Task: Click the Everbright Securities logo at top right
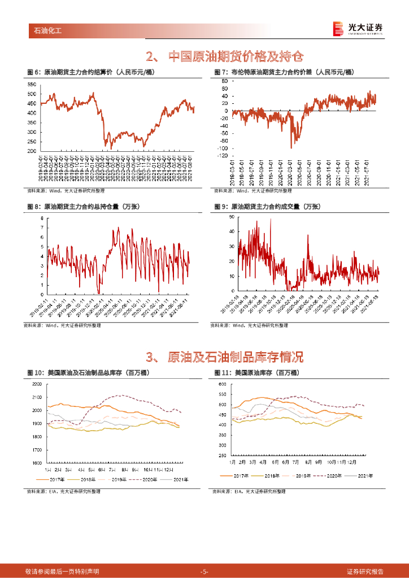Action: tap(358, 28)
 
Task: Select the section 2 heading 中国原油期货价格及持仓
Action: tap(224, 57)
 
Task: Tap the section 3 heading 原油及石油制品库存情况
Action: tap(224, 357)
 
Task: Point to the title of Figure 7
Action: tap(284, 72)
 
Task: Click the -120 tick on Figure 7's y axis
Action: tap(221, 155)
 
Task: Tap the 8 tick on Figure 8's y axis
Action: tap(41, 217)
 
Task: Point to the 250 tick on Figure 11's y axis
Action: tap(222, 456)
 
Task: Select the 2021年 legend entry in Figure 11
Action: tap(361, 475)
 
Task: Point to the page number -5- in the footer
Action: tap(204, 571)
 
